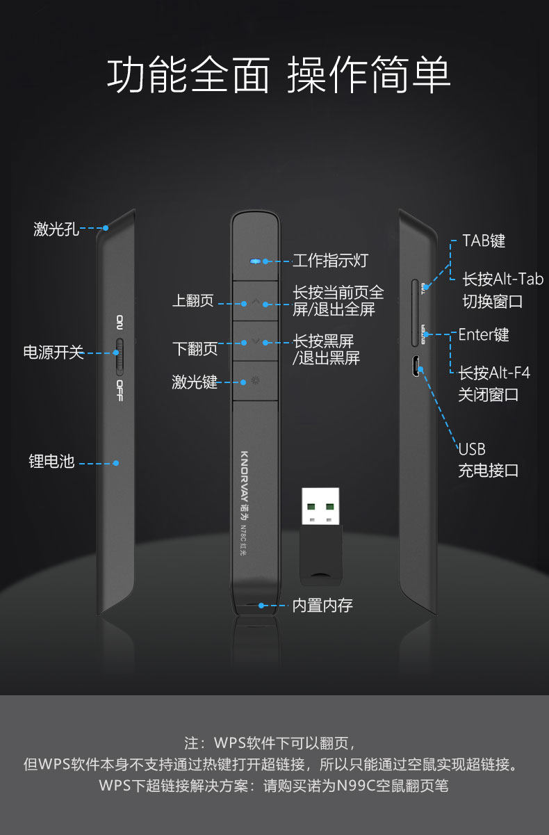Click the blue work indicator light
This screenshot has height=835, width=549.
[255, 261]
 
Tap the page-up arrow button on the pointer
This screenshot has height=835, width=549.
[255, 302]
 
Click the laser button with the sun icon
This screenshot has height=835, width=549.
[255, 380]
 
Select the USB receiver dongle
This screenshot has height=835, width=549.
[320, 534]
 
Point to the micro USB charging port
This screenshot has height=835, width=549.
[414, 366]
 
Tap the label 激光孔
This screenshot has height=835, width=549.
[56, 229]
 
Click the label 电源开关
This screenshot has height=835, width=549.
[54, 352]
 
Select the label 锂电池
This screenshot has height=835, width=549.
[51, 462]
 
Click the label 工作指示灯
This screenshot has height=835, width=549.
[329, 261]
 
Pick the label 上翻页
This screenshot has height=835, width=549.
[194, 302]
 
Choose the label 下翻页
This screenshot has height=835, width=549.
[195, 348]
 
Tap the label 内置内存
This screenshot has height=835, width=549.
[322, 606]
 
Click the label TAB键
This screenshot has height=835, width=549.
[484, 241]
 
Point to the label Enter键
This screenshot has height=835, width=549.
[484, 335]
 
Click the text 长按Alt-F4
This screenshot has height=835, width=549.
[493, 373]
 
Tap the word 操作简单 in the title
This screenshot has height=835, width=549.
[369, 75]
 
